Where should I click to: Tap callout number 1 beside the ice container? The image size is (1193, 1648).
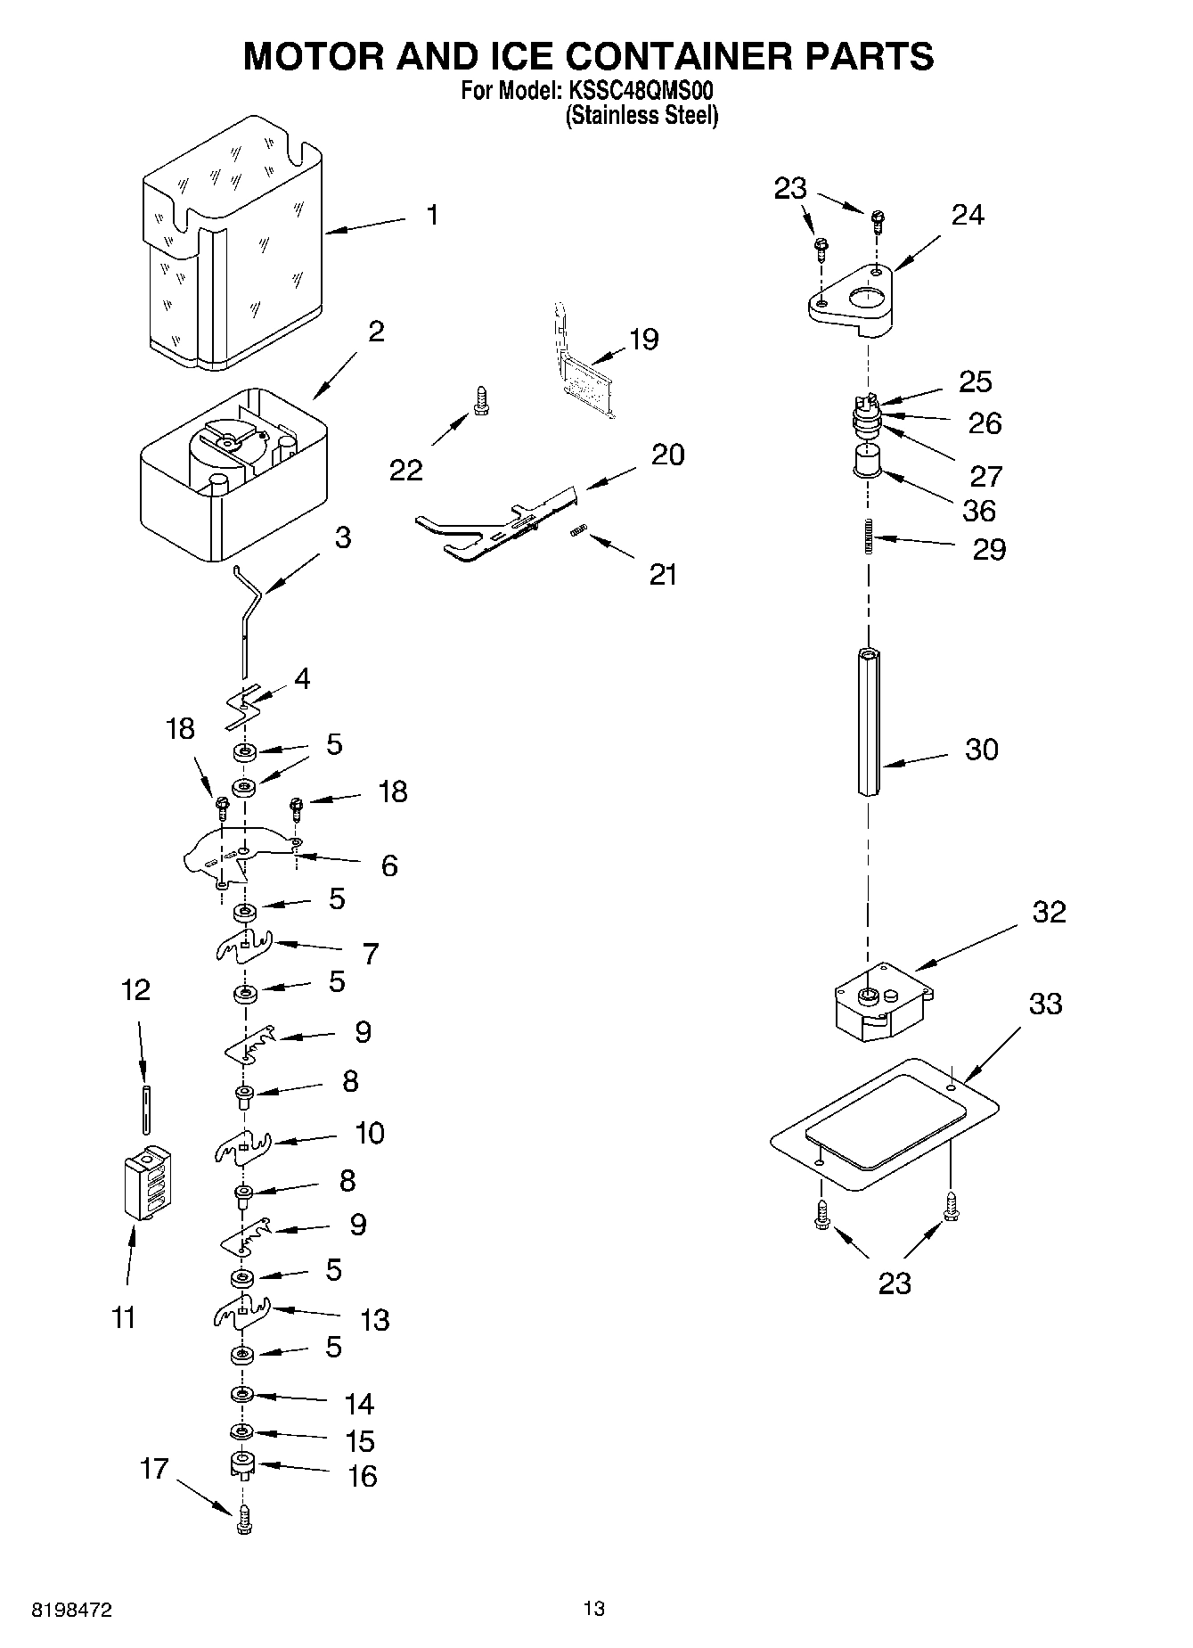click(432, 215)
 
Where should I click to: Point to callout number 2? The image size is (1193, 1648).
click(376, 332)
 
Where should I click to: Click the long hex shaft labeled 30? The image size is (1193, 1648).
click(870, 722)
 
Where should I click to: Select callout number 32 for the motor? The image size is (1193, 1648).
click(1049, 913)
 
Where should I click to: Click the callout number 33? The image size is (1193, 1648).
click(1046, 1004)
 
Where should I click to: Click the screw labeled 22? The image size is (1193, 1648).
click(482, 400)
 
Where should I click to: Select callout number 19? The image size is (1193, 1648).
click(643, 339)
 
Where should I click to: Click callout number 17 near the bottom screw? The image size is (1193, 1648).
click(154, 1468)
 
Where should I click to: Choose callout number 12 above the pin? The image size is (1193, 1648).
click(135, 989)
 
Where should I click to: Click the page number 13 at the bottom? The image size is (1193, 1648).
click(593, 1608)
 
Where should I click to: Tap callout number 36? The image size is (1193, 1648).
click(978, 511)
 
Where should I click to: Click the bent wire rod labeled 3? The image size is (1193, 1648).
click(246, 615)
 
